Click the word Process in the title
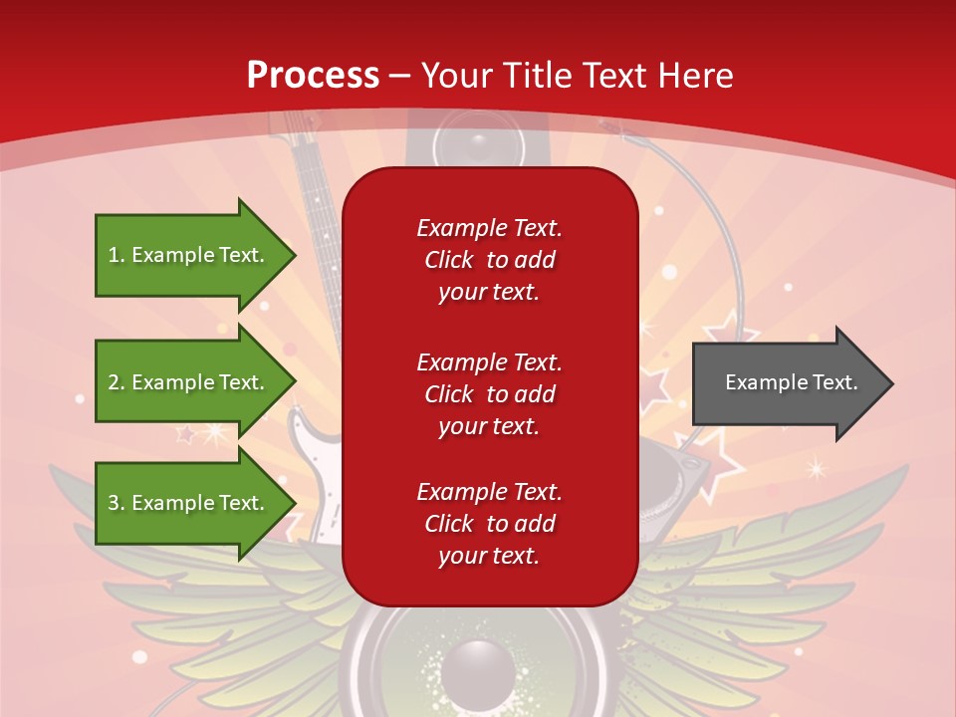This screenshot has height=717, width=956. coord(313,76)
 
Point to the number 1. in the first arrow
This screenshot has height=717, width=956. coord(117,255)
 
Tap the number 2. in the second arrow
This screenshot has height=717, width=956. coord(117,382)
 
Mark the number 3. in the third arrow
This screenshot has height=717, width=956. coord(117,503)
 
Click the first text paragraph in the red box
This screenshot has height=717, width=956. coord(489,260)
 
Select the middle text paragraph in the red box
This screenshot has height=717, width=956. coord(489,394)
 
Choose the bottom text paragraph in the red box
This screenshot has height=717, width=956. coord(489,524)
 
